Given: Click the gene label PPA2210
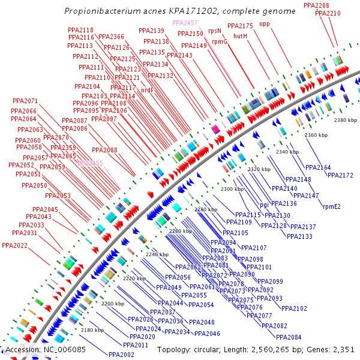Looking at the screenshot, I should pyautogui.click(x=328, y=13).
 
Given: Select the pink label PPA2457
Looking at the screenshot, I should pyautogui.click(x=185, y=23).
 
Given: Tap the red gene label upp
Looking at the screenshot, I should pyautogui.click(x=265, y=24).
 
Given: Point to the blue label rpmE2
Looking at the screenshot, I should pyautogui.click(x=331, y=206).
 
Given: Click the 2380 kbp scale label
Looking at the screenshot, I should pyautogui.click(x=345, y=121).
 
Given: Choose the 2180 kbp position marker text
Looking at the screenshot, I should pyautogui.click(x=92, y=330).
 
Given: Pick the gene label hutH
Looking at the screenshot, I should pyautogui.click(x=240, y=36).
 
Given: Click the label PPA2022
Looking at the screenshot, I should pyautogui.click(x=14, y=245).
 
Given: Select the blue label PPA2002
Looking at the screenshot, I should pyautogui.click(x=104, y=355).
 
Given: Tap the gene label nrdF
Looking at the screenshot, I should pyautogui.click(x=147, y=90).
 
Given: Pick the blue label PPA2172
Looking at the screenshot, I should pyautogui.click(x=340, y=175).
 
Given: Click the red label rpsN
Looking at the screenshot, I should pyautogui.click(x=214, y=30).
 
